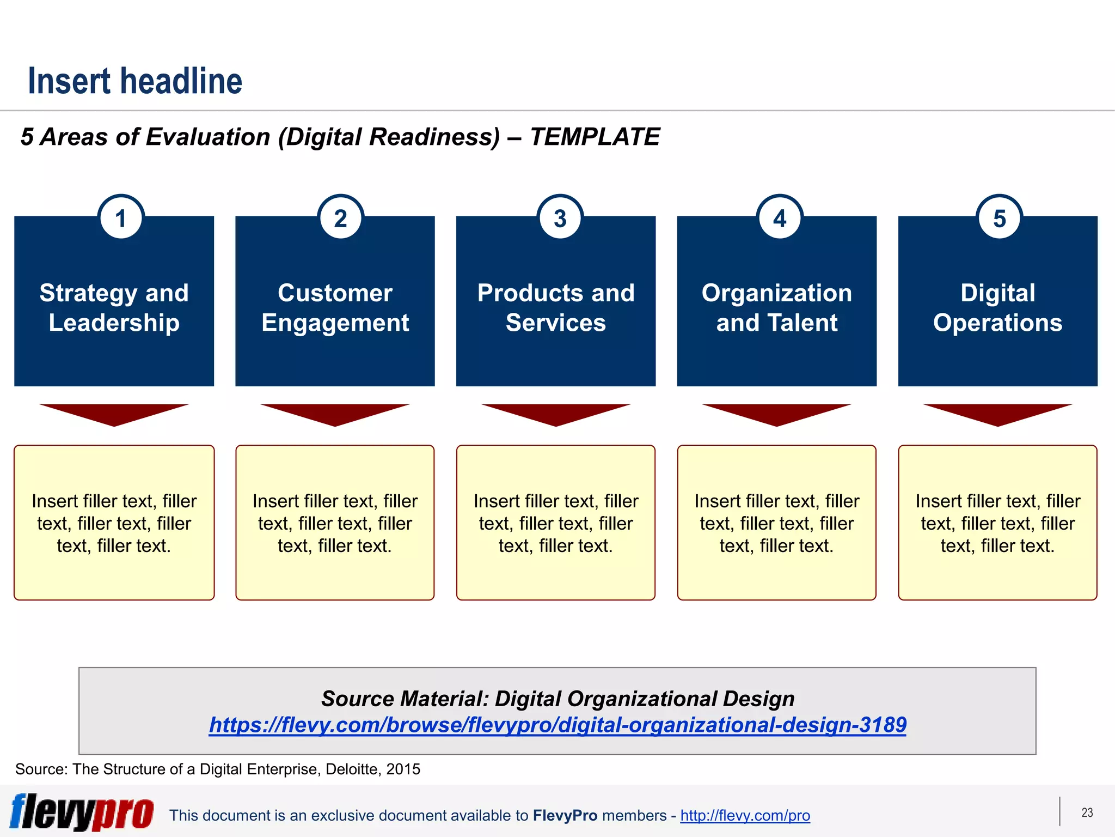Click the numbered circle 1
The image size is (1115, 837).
121,219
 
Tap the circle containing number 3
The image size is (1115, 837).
560,219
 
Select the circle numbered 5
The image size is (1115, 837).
999,219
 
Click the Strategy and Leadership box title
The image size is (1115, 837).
114,308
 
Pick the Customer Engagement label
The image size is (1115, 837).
335,308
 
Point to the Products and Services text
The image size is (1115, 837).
556,308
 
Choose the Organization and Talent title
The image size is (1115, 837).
777,308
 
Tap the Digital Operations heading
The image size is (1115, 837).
997,308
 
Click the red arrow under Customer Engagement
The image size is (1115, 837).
335,413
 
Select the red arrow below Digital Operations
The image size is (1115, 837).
997,413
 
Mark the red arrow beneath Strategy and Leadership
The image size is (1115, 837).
114,413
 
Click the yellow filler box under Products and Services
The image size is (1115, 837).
556,523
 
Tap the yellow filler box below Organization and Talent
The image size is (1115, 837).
777,523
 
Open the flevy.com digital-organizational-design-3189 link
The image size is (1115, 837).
557,725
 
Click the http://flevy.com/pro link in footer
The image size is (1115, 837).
745,815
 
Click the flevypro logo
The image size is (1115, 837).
82,812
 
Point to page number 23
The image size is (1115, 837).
1087,812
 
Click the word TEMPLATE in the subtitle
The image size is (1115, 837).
595,137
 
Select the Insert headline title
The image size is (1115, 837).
135,81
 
